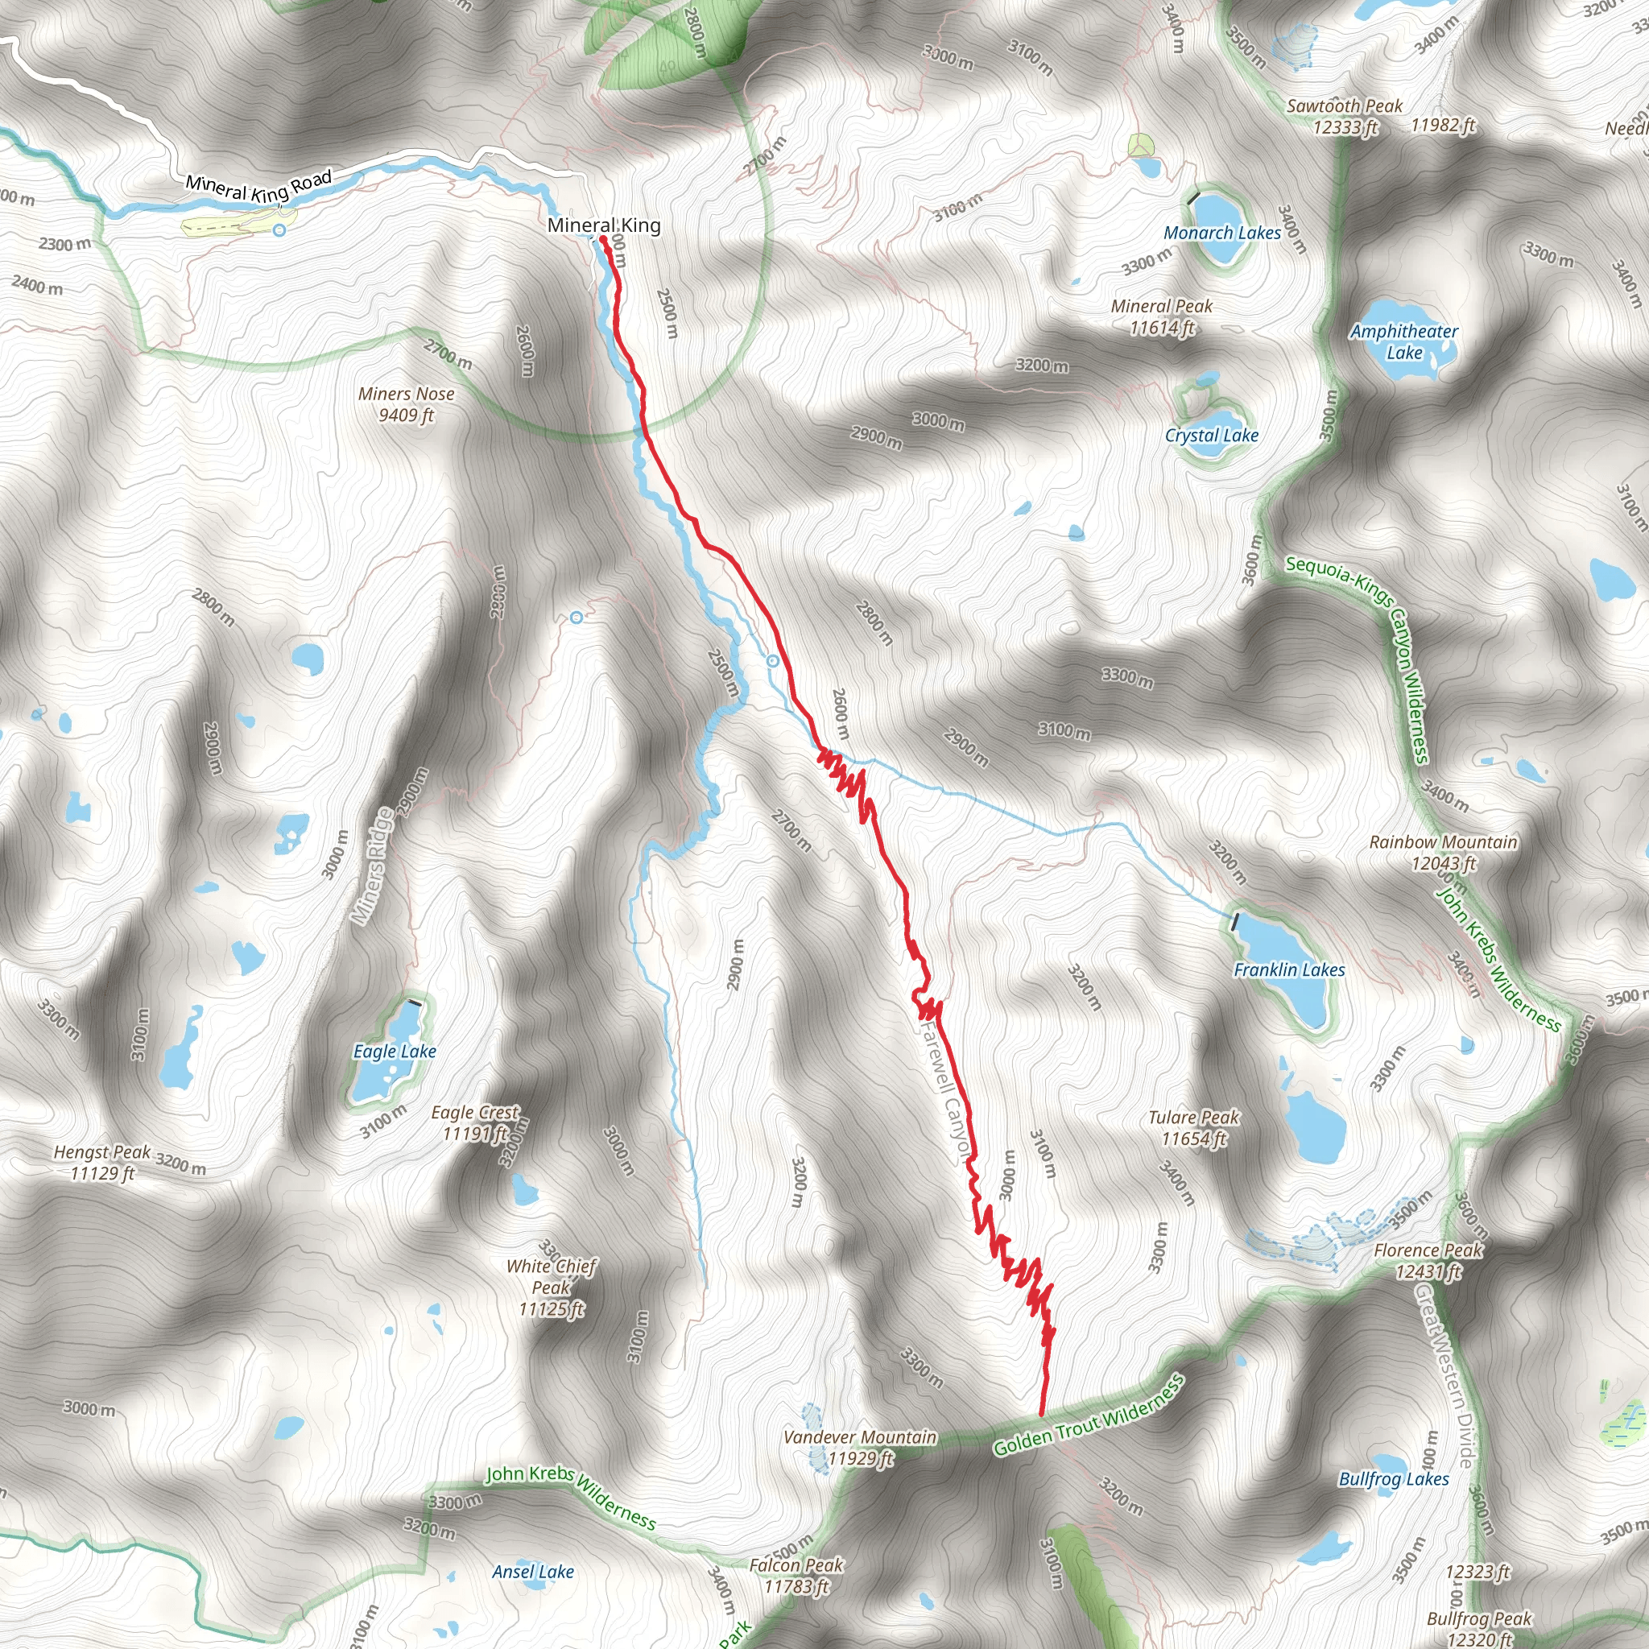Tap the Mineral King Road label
258,186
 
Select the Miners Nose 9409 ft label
407,403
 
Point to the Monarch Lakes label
1222,233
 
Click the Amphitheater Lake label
1404,341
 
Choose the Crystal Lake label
1211,436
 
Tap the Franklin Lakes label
1289,970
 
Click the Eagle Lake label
395,1052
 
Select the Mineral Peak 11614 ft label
1162,316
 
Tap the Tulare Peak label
1193,1127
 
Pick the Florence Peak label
1428,1261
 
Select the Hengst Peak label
102,1163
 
